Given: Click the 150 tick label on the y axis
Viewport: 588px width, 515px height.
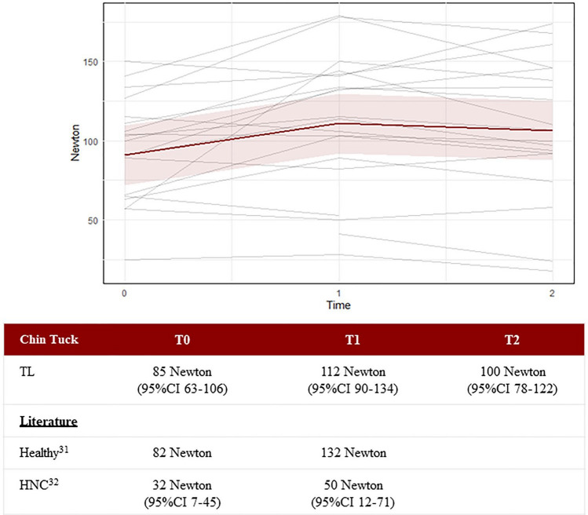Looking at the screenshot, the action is pyautogui.click(x=90, y=62).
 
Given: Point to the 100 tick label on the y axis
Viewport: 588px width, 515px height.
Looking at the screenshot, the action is pyautogui.click(x=90, y=141).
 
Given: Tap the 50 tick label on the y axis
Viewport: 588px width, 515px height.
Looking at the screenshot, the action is pyautogui.click(x=93, y=221).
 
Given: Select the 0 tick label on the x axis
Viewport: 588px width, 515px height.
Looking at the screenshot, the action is pyautogui.click(x=124, y=294).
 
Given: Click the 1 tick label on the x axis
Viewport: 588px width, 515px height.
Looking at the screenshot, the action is pyautogui.click(x=338, y=294).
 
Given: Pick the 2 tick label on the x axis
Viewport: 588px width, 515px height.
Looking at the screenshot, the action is pyautogui.click(x=552, y=294).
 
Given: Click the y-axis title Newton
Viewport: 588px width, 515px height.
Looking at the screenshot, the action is pyautogui.click(x=75, y=143).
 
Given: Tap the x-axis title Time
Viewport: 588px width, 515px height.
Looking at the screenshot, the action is pyautogui.click(x=338, y=305).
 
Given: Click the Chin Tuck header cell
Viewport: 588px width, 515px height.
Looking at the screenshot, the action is pyautogui.click(x=49, y=339).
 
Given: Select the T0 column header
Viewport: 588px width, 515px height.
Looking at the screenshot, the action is pyautogui.click(x=182, y=340).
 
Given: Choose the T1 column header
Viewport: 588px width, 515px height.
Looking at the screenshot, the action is pyautogui.click(x=352, y=340).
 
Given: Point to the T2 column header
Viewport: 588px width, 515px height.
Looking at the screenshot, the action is pyautogui.click(x=512, y=340).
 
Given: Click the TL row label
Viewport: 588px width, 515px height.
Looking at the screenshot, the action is pyautogui.click(x=27, y=371).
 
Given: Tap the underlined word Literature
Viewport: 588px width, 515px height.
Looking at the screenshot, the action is pyautogui.click(x=49, y=422).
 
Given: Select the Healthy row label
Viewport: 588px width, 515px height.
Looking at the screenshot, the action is pyautogui.click(x=44, y=451).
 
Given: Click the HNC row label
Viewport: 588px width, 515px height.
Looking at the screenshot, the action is pyautogui.click(x=39, y=484).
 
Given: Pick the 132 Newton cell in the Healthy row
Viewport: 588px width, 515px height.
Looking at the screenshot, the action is pyautogui.click(x=353, y=453).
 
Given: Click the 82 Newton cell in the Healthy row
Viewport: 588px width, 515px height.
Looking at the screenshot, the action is pyautogui.click(x=182, y=453).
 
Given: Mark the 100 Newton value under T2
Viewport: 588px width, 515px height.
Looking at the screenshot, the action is pyautogui.click(x=513, y=371).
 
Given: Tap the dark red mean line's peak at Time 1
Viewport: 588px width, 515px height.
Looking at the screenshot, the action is pyautogui.click(x=339, y=123).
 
